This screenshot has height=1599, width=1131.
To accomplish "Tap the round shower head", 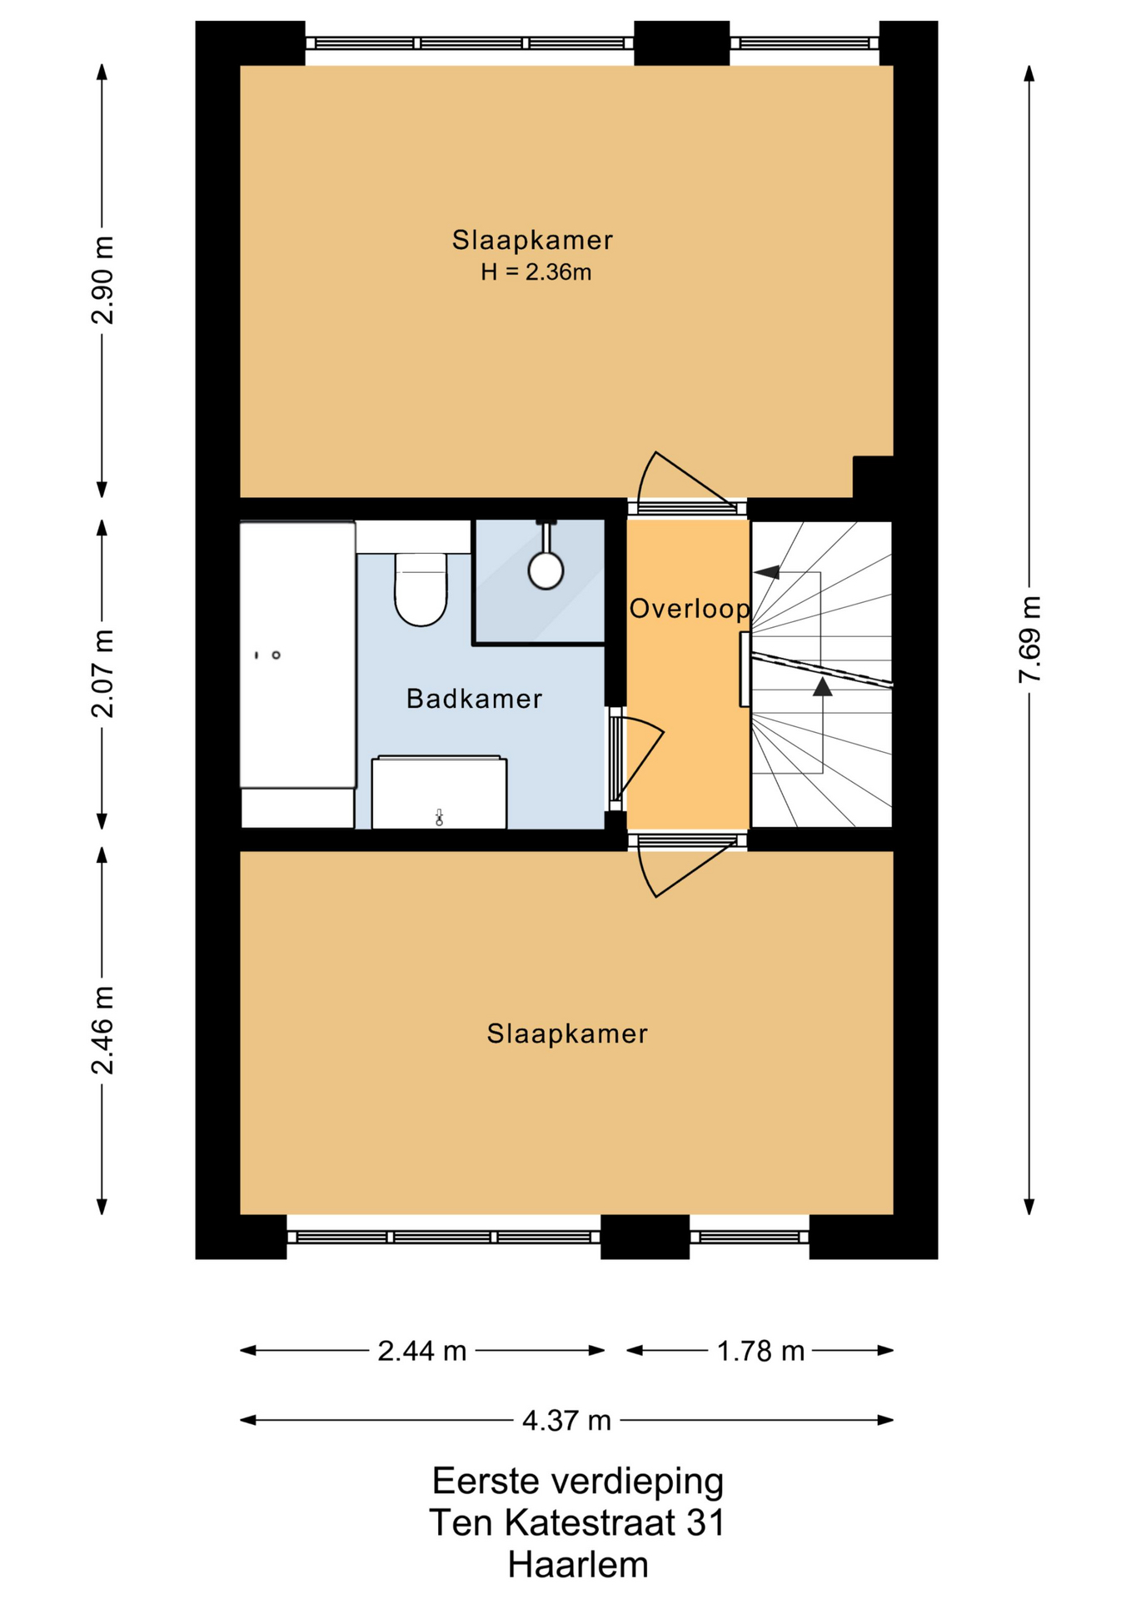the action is (546, 570).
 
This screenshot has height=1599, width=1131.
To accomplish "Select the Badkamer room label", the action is (474, 699).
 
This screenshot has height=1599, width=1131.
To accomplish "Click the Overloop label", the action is (689, 609).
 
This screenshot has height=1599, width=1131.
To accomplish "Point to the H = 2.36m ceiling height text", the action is (536, 272).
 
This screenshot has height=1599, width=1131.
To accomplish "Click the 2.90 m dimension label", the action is (103, 280).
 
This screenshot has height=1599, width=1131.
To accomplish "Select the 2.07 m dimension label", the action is (103, 674).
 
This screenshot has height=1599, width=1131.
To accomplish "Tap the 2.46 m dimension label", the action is (103, 1030).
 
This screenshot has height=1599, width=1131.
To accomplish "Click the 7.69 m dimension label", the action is (1030, 640).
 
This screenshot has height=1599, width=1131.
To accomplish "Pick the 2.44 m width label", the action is (422, 1351).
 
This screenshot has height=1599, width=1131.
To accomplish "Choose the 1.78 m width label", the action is (761, 1351).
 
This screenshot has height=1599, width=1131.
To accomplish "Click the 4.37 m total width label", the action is (566, 1420).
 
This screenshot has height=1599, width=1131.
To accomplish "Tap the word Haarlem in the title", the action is (578, 1566).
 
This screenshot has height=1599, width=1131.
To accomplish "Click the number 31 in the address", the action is (705, 1523).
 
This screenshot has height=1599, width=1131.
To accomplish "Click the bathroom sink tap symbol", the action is (439, 818).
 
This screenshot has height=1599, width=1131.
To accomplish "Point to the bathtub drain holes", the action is (267, 655).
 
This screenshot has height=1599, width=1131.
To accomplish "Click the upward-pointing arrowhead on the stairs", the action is (822, 686).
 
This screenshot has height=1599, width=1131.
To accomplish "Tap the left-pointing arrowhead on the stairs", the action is (766, 572).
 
